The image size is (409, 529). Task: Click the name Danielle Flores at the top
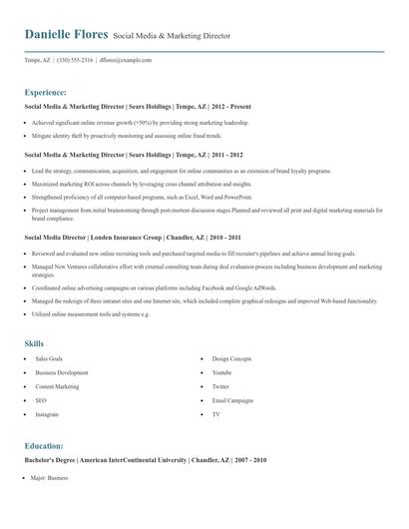pos(66,35)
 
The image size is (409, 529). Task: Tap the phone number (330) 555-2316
pos(75,60)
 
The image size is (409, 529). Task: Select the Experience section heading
pos(45,91)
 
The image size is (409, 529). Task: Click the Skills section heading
pos(34,343)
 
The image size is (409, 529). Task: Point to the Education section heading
pos(44,445)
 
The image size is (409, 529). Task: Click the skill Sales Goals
pos(49,357)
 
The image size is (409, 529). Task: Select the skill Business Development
pos(61,371)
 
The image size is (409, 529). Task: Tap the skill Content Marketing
pos(57,385)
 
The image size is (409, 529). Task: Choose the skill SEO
pos(41,399)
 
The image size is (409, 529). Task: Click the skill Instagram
pos(47,413)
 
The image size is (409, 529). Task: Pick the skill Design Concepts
pos(231,357)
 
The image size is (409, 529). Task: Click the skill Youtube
pos(221,371)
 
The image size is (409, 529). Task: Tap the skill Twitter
pos(220,385)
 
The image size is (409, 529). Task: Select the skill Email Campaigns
pos(232,399)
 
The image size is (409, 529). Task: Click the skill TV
pos(215,413)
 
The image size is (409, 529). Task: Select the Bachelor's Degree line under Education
pos(146,461)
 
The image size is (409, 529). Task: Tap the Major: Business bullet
pos(49,478)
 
